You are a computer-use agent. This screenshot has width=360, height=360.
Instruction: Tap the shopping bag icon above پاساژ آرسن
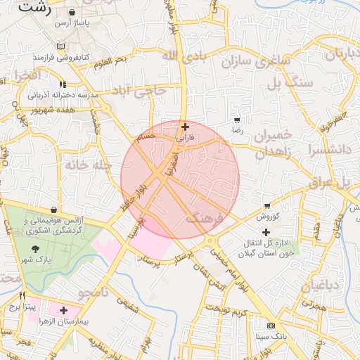click(73, 13)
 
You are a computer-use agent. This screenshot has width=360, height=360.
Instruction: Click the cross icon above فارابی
click(185, 127)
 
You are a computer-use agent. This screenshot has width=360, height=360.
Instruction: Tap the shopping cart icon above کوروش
click(267, 206)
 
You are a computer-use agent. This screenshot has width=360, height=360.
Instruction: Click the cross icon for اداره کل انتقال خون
click(266, 232)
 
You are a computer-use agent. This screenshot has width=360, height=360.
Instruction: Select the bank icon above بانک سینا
click(271, 326)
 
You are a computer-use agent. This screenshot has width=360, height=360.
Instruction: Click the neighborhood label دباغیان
click(321, 285)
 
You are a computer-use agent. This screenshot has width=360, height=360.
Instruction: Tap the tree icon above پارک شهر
click(35, 249)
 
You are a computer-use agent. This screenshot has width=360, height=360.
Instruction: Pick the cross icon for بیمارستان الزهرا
click(64, 309)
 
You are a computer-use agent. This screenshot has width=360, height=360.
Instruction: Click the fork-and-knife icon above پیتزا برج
click(22, 296)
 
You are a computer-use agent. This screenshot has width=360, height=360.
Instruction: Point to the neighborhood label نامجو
click(92, 291)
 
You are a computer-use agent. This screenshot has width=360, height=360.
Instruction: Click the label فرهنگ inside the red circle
click(204, 219)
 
